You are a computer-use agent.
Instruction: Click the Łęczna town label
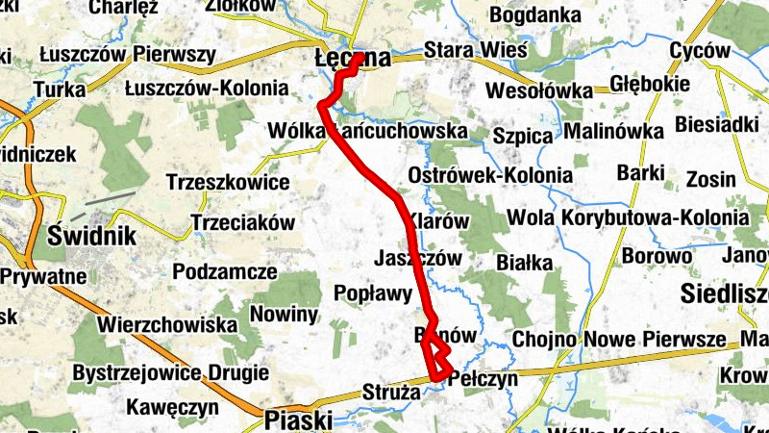pos(353,60)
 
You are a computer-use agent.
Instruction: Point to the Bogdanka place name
pos(535,16)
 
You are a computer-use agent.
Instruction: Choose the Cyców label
pos(702,50)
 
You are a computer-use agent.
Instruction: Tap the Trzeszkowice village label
pos(228,183)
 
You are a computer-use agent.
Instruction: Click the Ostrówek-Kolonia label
pos(490,177)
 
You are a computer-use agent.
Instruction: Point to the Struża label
pos(391,392)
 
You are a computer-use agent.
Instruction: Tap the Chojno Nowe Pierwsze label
pos(619,340)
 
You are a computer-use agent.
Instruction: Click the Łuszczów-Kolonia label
pos(207,89)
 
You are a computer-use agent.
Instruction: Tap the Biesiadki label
pos(717,124)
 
